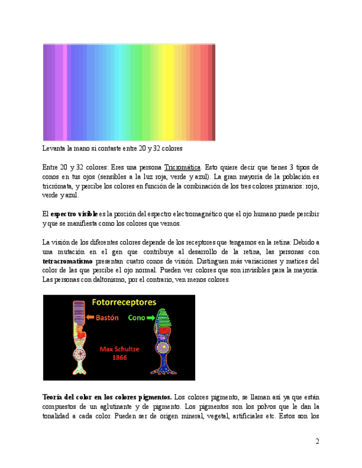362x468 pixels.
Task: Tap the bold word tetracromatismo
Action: [67, 261]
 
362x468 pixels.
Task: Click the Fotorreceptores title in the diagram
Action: [123, 302]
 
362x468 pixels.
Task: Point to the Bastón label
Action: [107, 318]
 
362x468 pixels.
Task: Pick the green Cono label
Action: [136, 318]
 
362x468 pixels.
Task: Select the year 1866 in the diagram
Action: [119, 358]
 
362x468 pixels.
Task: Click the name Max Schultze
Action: [119, 349]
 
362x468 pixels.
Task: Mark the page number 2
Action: [317, 442]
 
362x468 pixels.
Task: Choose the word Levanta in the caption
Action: [54, 148]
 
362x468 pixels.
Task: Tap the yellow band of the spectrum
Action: [166, 92]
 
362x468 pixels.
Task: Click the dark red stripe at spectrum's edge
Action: [213, 92]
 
